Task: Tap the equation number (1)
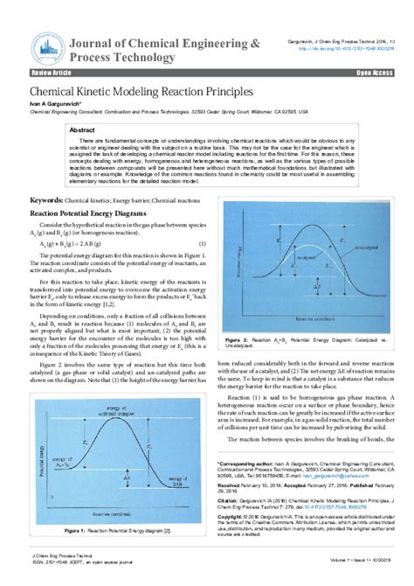[x=202, y=243]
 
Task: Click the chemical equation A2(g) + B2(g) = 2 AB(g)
[x=70, y=243]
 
